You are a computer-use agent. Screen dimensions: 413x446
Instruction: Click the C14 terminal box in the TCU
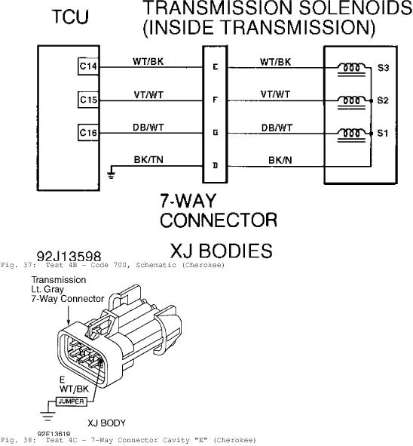click(88, 66)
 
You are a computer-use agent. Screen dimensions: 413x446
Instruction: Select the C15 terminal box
click(88, 100)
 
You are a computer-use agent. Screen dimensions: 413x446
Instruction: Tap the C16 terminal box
click(88, 133)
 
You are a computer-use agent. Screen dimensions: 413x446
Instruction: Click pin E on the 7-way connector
click(216, 67)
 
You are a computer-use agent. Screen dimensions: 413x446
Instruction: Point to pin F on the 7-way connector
click(215, 100)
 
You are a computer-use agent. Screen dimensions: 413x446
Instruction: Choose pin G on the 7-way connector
click(216, 133)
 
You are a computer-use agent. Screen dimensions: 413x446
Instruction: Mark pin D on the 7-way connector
click(216, 165)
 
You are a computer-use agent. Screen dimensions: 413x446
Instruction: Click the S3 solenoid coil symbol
click(352, 69)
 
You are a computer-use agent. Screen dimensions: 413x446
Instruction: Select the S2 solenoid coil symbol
click(352, 102)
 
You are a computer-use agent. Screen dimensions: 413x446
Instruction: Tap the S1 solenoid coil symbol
click(352, 135)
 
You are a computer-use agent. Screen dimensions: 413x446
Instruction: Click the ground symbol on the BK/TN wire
click(112, 174)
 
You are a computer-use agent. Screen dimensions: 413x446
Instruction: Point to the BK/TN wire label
click(148, 160)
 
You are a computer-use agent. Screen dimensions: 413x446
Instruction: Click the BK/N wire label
click(280, 161)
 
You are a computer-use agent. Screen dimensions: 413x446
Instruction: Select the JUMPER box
click(71, 401)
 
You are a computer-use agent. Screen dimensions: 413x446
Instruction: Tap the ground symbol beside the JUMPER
click(47, 416)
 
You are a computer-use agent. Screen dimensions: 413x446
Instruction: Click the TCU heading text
click(70, 17)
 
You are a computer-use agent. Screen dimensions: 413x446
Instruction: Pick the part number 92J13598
click(69, 257)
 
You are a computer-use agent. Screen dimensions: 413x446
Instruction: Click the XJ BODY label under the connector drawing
click(106, 423)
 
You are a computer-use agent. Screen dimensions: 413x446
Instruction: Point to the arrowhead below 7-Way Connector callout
click(69, 321)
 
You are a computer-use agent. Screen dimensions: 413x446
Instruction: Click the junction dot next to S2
click(371, 100)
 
